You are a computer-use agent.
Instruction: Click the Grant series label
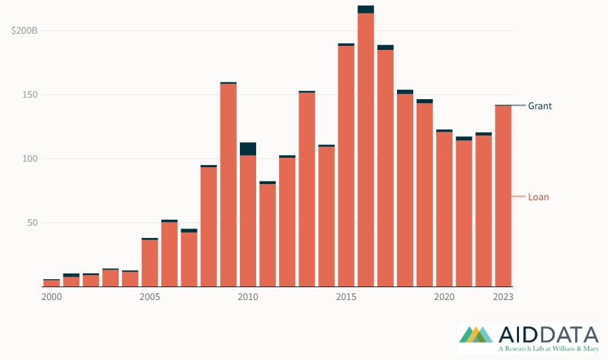(539, 106)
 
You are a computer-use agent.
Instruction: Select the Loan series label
(538, 197)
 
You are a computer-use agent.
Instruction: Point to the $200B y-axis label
(24, 31)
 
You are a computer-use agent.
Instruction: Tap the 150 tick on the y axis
(30, 95)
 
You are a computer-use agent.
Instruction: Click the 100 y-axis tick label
(30, 159)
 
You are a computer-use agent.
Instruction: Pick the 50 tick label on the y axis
(32, 223)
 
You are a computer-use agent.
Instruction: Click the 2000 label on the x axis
(51, 297)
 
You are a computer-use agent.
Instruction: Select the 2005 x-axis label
(150, 297)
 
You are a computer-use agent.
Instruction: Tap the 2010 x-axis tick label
(247, 297)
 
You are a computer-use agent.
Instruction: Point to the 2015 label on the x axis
(346, 297)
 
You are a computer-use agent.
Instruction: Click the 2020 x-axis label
(444, 297)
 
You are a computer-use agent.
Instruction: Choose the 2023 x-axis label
(503, 297)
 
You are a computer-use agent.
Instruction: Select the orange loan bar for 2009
(229, 185)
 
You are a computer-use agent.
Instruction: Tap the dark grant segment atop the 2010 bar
(248, 149)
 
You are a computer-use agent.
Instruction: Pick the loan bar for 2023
(503, 196)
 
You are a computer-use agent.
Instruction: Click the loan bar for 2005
(150, 263)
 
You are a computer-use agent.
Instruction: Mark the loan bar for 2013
(307, 189)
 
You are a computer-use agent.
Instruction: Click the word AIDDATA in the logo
(549, 334)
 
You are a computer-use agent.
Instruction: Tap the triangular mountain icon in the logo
(479, 334)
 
